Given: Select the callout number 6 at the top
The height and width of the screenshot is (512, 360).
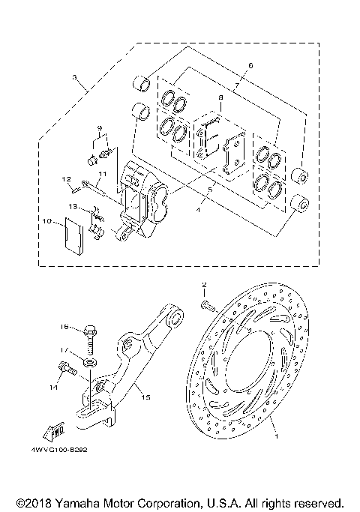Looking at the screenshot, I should (x=250, y=66).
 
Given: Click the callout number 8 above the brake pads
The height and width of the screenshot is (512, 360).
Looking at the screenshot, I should (x=220, y=98).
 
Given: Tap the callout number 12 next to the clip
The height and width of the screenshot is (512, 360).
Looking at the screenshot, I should (x=66, y=179).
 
